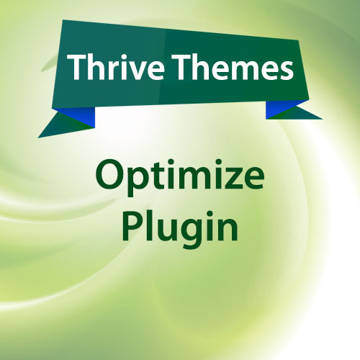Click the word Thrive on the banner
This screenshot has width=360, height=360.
coord(116,67)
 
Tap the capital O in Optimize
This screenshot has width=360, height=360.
coord(109,174)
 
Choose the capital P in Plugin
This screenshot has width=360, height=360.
coord(132,225)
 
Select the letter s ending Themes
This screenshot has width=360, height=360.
coord(285,71)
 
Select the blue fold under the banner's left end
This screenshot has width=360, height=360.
coord(77,116)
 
